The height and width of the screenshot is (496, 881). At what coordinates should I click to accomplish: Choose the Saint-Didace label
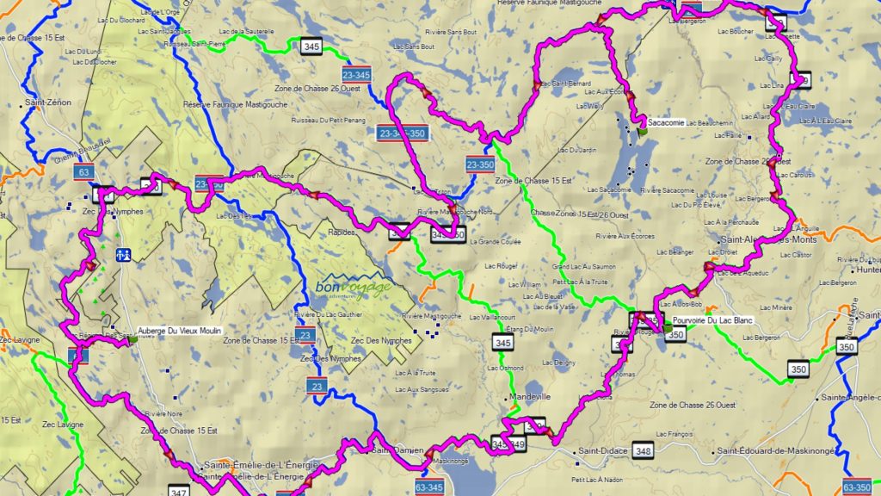click(601, 451)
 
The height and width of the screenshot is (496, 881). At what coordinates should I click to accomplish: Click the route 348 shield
click(642, 450)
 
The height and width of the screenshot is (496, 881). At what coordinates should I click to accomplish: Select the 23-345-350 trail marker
click(402, 133)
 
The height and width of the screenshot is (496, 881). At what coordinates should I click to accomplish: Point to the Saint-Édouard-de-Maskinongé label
click(773, 451)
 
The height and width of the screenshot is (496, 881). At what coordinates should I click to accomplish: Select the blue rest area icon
click(124, 255)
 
